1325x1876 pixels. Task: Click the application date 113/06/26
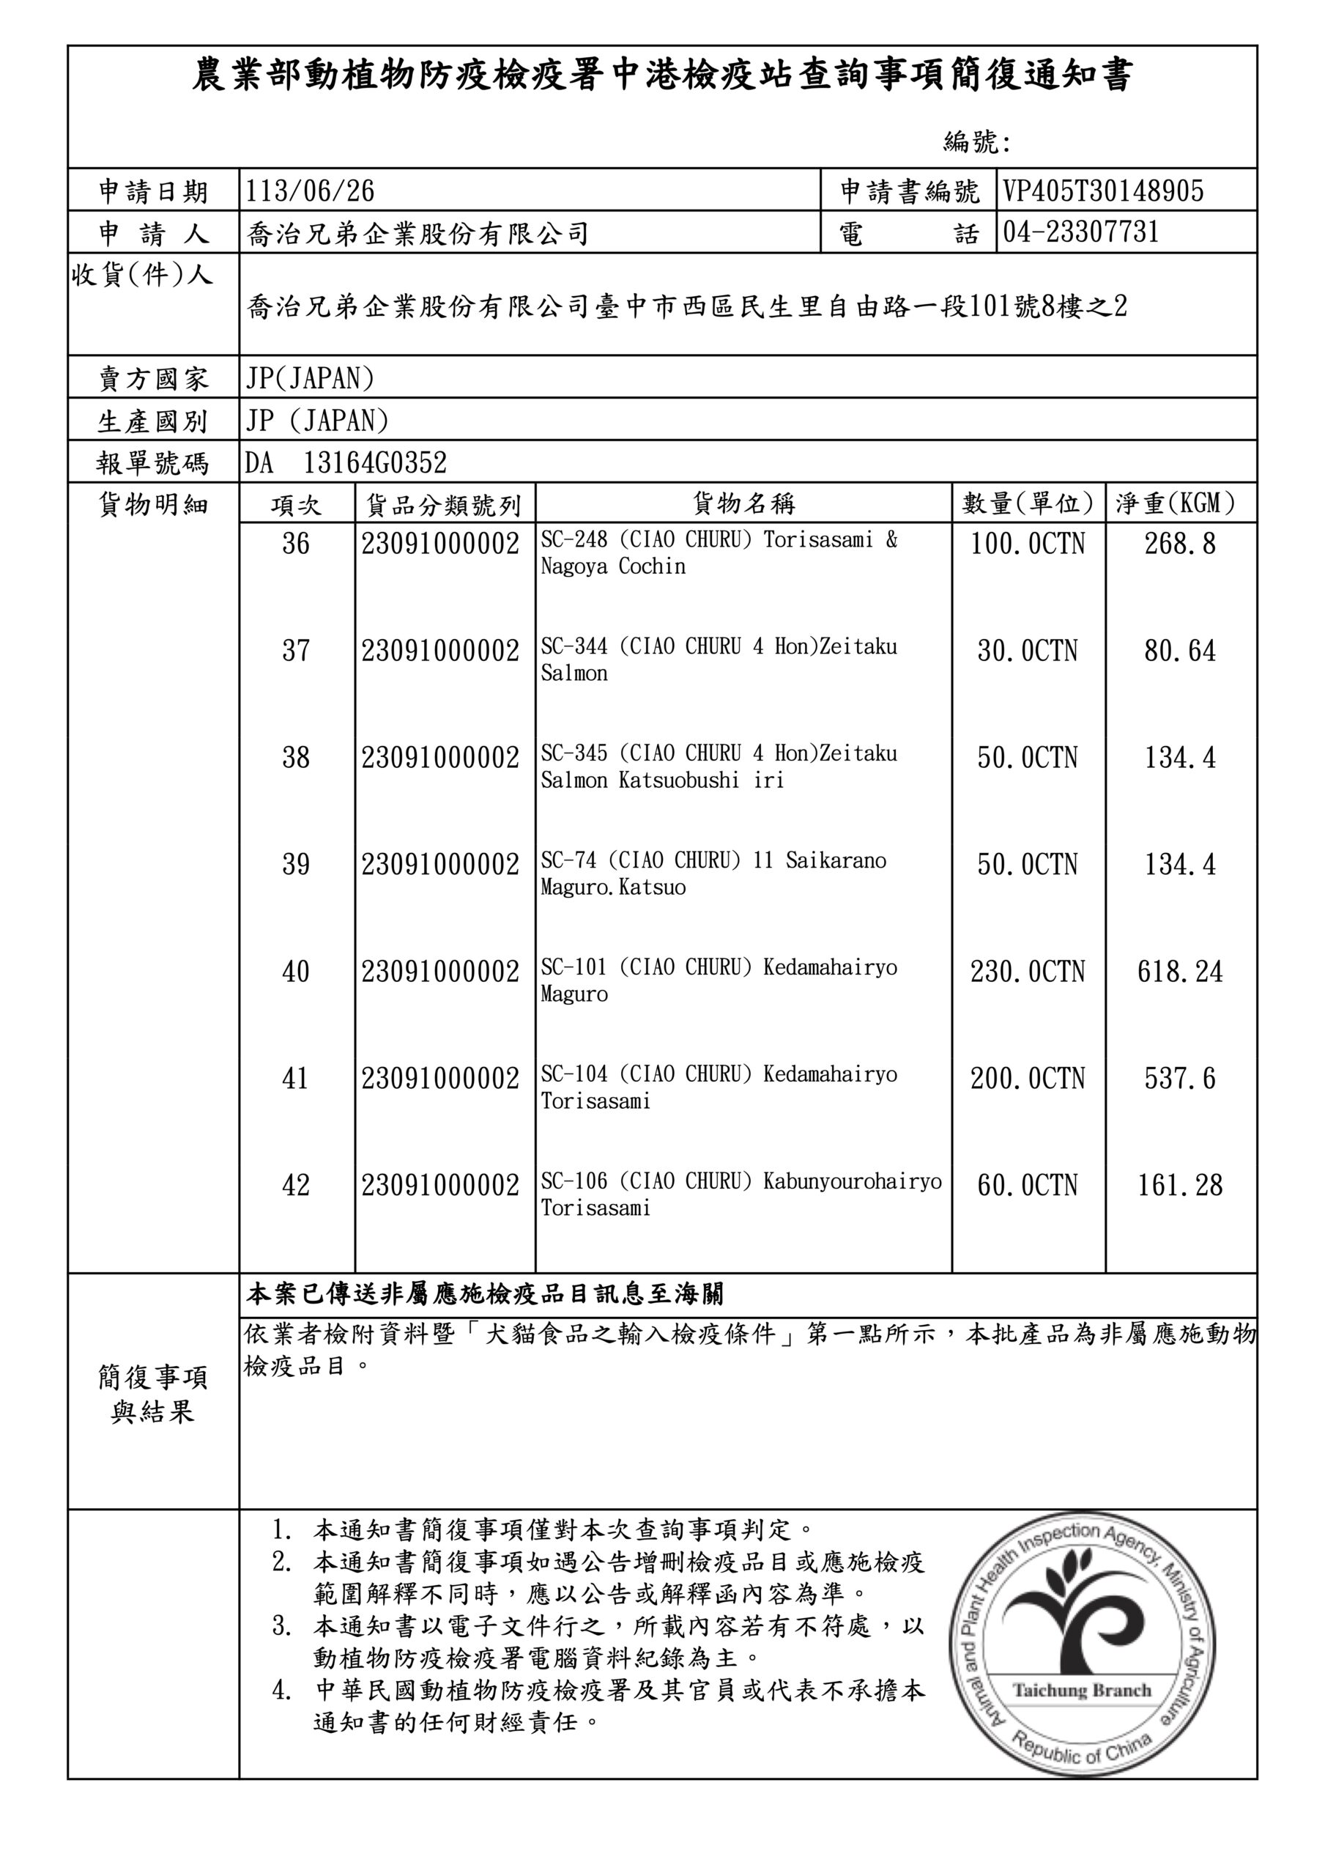310,191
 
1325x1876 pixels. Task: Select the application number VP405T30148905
1103,191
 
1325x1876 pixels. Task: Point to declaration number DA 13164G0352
346,463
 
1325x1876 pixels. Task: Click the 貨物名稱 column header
743,503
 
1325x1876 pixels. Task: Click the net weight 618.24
1179,972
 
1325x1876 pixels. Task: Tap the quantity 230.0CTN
1028,972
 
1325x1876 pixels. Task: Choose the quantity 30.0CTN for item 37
1028,651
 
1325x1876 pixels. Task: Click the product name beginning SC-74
713,874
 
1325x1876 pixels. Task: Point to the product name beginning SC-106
740,1194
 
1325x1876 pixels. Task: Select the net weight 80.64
1179,651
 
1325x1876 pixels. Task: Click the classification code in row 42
440,1186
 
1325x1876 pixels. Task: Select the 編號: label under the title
977,143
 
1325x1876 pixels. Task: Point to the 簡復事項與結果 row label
153,1395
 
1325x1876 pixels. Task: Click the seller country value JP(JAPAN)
310,378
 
